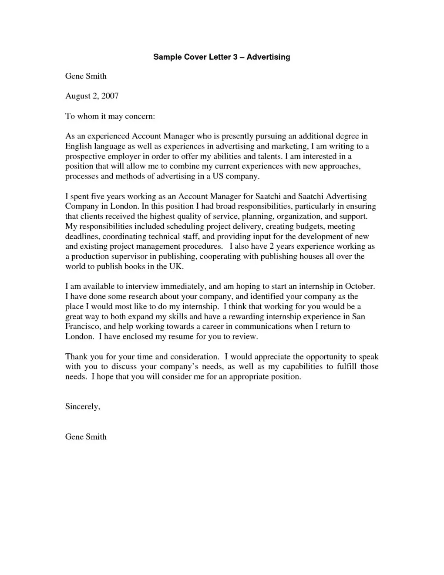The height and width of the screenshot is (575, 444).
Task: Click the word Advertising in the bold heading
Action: coord(268,57)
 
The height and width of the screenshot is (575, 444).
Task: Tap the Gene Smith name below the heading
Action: coord(86,76)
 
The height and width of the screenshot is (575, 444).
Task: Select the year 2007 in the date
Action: coord(110,96)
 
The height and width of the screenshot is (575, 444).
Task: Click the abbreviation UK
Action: coord(176,266)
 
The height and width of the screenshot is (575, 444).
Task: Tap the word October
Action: coord(360,286)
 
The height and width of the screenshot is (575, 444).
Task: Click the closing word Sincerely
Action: coord(83,406)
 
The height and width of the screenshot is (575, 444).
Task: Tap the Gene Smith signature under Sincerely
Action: coord(86,436)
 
